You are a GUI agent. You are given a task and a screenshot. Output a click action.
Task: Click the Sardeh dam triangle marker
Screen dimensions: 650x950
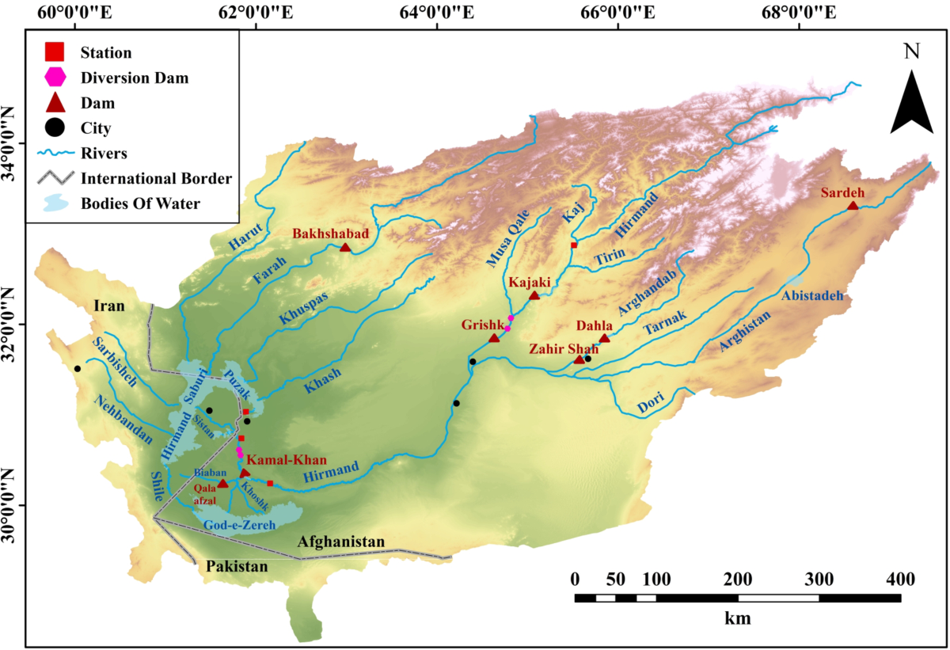[853, 206]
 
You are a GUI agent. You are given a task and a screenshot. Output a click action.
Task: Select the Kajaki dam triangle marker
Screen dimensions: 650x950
[534, 295]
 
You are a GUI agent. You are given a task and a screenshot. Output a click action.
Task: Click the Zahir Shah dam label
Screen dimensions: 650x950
[564, 348]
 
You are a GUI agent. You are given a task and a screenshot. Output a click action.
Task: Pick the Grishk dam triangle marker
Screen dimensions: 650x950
[495, 338]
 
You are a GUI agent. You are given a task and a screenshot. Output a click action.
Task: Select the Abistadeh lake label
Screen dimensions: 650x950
[811, 295]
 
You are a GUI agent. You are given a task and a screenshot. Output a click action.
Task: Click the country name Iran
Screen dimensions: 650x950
[109, 306]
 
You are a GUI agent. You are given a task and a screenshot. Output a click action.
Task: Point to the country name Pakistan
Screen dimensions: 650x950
[237, 567]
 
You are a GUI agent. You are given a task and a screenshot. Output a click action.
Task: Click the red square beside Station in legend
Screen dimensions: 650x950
[55, 53]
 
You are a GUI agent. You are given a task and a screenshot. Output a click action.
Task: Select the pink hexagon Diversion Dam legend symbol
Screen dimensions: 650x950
[55, 78]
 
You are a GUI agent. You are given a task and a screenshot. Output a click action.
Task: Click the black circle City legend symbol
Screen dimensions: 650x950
[55, 127]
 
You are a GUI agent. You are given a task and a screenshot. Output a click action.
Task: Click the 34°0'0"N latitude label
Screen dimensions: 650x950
[10, 143]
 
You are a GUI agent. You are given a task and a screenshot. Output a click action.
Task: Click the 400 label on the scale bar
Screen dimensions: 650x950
[900, 579]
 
